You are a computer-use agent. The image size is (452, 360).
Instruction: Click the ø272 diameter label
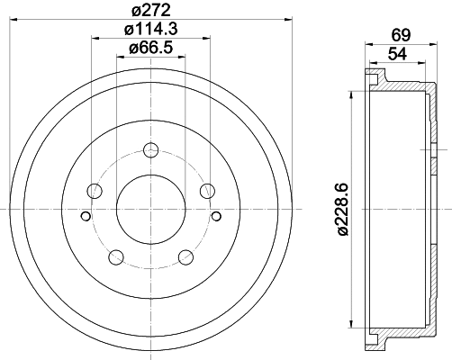(150, 11)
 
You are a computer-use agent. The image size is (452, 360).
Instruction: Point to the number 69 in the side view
(402, 33)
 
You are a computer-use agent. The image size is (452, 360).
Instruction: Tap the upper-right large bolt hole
(207, 190)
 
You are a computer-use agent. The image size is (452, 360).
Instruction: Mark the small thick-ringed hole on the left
(86, 216)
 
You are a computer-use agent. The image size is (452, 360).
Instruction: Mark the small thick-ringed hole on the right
(216, 216)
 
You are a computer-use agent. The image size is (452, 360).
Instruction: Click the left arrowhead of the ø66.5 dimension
(119, 57)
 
